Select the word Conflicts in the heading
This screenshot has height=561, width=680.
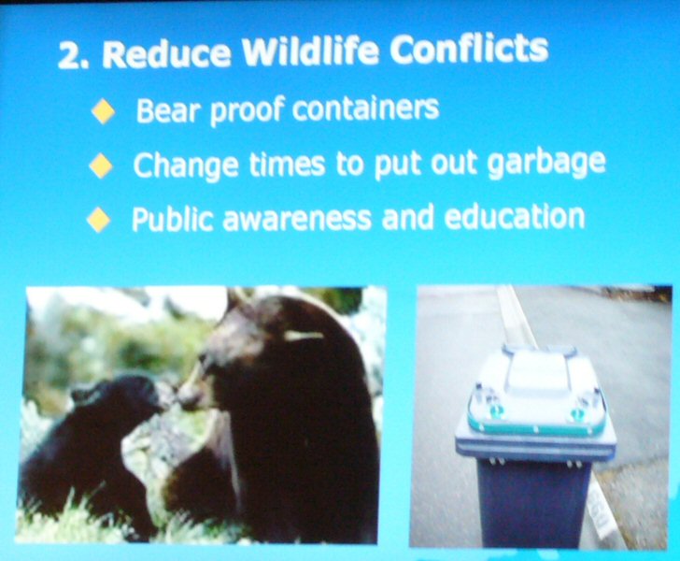point(468,49)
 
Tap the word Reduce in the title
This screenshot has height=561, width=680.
point(166,54)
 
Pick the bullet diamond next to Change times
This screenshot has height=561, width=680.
point(101,165)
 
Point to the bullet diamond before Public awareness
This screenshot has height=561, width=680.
point(98,220)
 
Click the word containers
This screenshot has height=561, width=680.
point(365,108)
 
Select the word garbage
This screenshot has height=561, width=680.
point(546,164)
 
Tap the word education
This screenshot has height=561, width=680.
point(515,216)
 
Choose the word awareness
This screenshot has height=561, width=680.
point(297,219)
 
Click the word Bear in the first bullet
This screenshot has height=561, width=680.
point(170,109)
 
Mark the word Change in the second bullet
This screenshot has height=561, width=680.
point(186,165)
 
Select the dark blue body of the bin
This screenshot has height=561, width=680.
point(532,504)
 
